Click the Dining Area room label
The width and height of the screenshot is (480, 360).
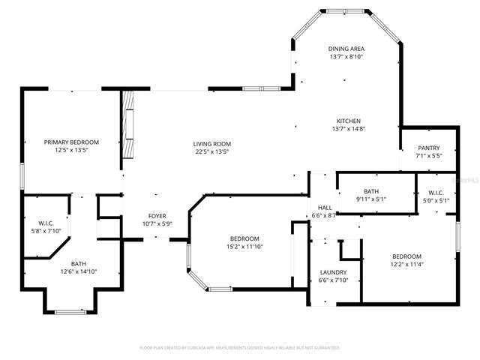coord(346,49)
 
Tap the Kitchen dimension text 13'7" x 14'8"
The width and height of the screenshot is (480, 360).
coord(348,128)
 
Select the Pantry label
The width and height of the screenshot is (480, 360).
coord(428,148)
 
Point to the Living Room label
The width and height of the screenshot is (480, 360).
coord(212,143)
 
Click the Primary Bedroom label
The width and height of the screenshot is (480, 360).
coord(71,142)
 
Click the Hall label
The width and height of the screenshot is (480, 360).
coord(325,208)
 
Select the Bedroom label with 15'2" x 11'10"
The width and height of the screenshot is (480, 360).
coord(244,238)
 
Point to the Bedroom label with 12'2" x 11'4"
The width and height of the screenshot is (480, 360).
coord(406,256)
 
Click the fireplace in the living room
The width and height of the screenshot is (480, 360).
coord(130,125)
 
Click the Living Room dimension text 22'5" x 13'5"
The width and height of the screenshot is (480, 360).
coord(212,151)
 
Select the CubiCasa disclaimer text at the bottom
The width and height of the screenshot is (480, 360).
coord(240,348)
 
